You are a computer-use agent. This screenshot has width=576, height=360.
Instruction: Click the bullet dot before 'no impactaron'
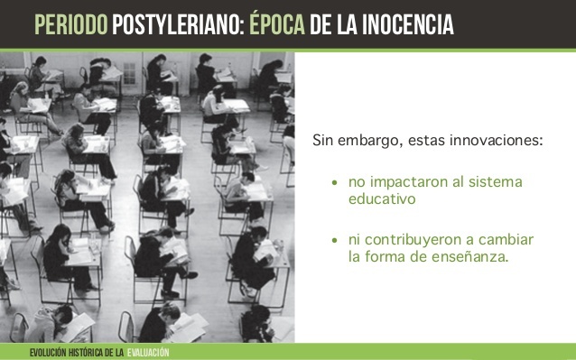point(334,183)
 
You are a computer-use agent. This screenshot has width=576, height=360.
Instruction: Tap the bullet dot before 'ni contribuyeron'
point(334,240)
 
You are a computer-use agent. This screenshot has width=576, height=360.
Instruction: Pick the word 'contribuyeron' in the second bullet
point(412,240)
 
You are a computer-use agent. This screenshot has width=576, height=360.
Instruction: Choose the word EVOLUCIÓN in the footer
point(44,351)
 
